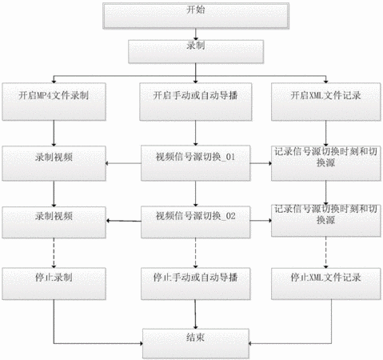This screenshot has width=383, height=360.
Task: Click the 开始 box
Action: tap(196, 16)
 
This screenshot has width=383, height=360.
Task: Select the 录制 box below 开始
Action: tap(196, 52)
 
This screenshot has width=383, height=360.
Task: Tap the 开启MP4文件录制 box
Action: tap(54, 102)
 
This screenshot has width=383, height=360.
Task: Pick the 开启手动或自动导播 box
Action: tap(196, 102)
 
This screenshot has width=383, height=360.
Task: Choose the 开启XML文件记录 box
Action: tap(325, 102)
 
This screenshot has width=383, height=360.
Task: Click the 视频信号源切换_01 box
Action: tap(195, 163)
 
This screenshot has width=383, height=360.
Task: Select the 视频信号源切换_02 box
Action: tap(195, 222)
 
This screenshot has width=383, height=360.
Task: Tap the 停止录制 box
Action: tap(54, 284)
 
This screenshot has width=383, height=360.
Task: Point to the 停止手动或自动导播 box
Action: tap(195, 284)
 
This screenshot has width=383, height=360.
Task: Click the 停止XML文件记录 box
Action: tap(325, 284)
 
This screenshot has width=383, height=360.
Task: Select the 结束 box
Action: tap(196, 343)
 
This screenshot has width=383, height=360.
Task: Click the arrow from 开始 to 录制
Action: tap(196, 34)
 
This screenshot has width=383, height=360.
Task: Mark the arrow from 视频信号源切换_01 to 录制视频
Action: tap(123, 163)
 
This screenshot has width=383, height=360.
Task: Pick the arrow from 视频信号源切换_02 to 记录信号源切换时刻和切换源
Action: tap(261, 221)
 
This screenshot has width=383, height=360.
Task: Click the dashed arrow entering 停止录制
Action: tap(54, 253)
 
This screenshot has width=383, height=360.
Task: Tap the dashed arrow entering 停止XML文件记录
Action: tap(325, 252)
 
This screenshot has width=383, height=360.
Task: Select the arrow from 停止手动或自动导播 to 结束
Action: tap(195, 314)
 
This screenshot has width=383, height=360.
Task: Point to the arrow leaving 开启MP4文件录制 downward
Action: tap(54, 133)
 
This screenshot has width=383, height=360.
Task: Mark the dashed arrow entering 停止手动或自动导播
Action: tap(195, 253)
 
